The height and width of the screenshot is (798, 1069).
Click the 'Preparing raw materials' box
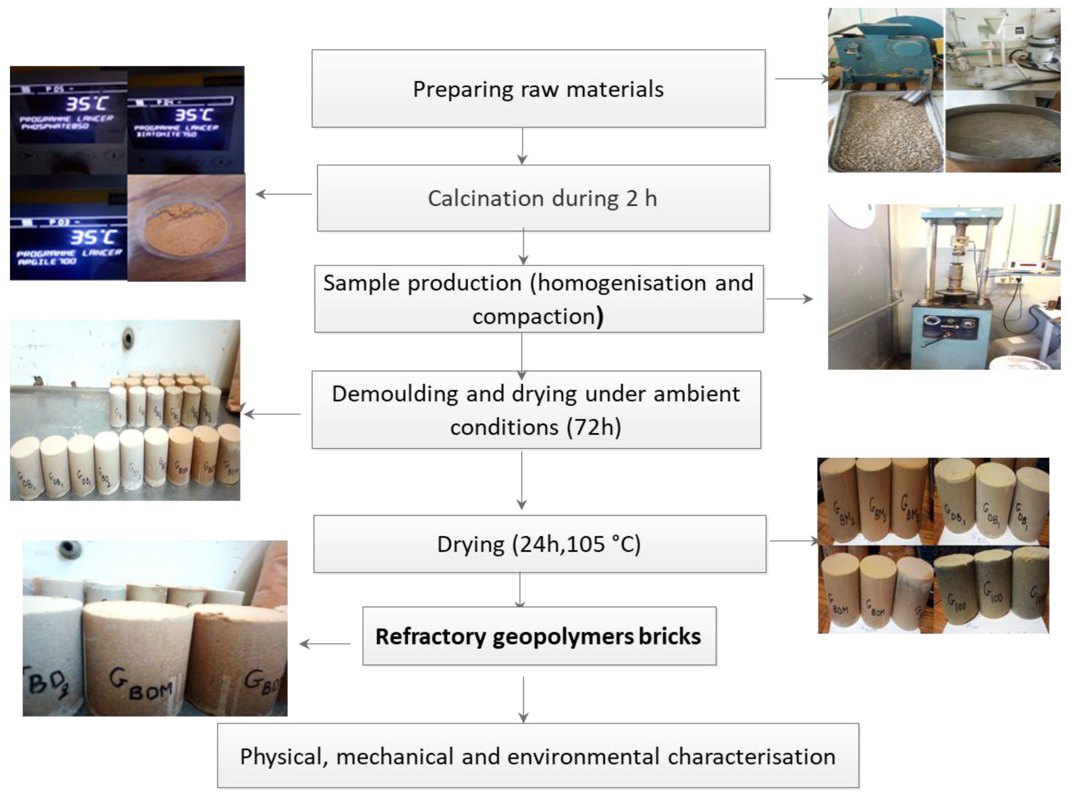click(x=538, y=89)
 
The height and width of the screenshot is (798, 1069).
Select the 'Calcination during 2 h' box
click(x=543, y=198)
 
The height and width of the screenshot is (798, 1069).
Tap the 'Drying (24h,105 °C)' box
click(x=539, y=544)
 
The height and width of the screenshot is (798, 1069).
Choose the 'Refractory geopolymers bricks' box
click(x=539, y=636)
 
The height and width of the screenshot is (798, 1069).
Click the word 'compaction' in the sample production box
click(x=534, y=317)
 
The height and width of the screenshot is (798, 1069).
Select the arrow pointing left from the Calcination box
click(x=284, y=194)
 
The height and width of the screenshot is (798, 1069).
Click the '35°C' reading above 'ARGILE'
click(x=93, y=237)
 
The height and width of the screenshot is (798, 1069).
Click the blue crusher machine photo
click(x=885, y=48)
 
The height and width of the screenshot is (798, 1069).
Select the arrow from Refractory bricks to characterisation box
click(x=523, y=699)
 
